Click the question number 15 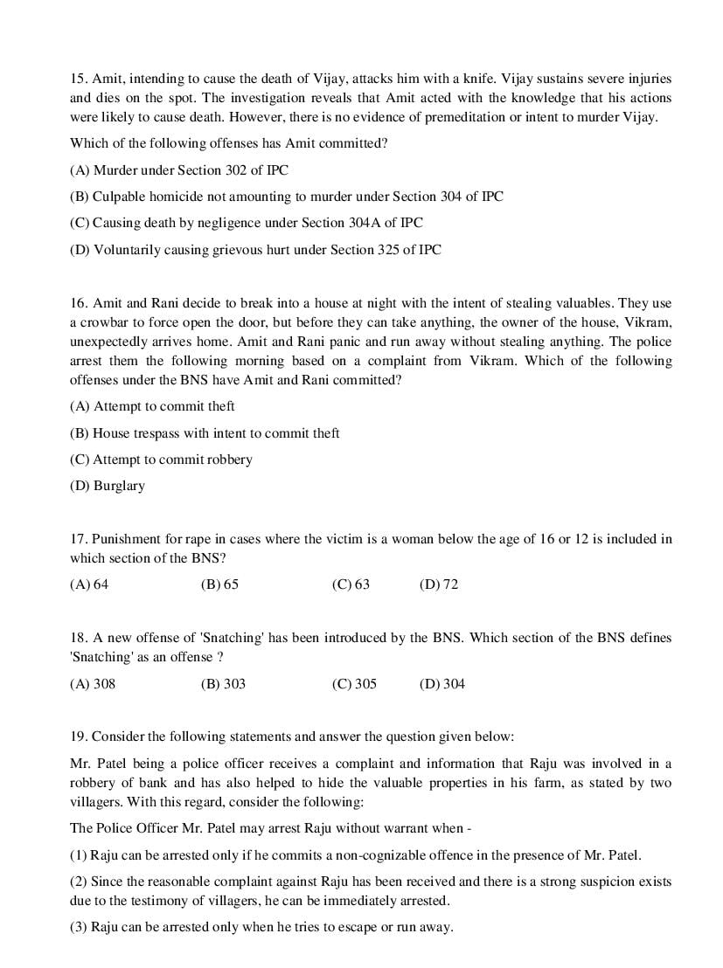click(x=78, y=79)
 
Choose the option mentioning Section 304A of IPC click(x=246, y=223)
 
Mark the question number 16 click(x=78, y=303)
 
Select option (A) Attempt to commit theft click(x=152, y=406)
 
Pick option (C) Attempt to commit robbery click(x=161, y=460)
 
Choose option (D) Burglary click(x=108, y=486)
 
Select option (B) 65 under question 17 click(x=219, y=584)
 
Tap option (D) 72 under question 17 click(x=439, y=584)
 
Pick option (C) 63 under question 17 click(x=351, y=584)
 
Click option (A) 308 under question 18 click(x=92, y=684)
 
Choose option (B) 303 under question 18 click(x=223, y=684)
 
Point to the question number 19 click(x=78, y=736)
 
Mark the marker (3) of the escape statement click(x=79, y=927)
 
